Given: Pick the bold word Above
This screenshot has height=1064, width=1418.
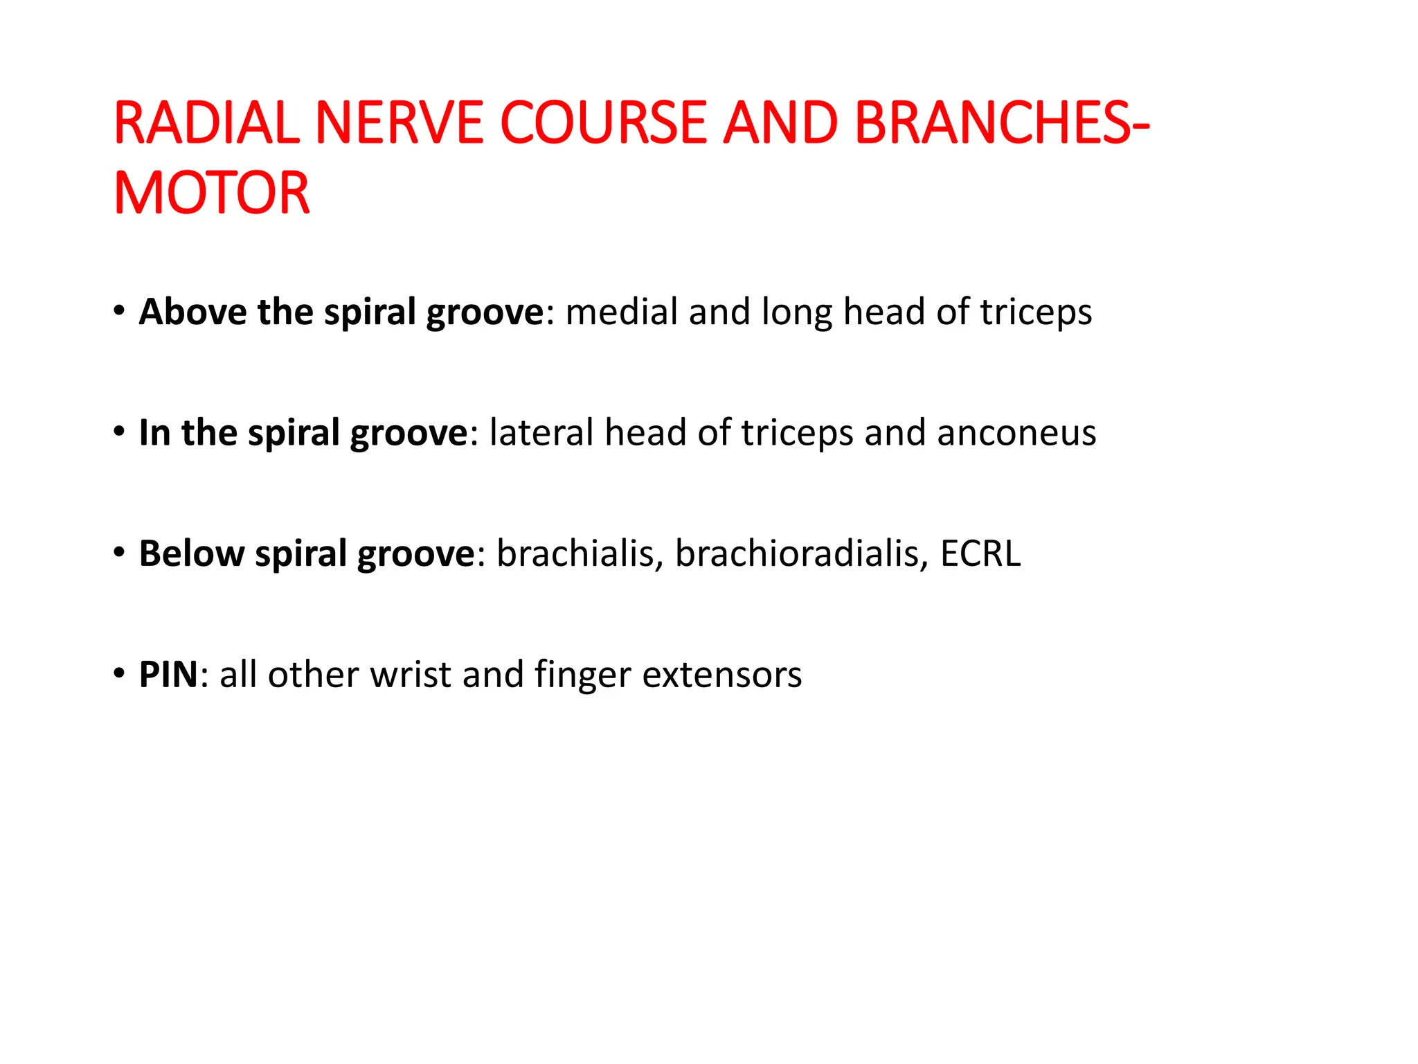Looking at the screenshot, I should click(192, 312).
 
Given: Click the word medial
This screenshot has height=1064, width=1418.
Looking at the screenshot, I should click(621, 312).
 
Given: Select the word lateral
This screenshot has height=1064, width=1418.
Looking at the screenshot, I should click(541, 432).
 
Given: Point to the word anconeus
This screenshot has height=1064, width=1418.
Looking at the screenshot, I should click(1016, 434).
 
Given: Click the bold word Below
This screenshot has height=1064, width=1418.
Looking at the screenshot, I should click(191, 553).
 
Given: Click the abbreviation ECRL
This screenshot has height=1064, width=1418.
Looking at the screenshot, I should click(980, 553).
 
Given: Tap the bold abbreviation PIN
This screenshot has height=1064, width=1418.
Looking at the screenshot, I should click(169, 674).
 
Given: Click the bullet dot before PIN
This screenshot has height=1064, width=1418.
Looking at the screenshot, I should click(120, 673).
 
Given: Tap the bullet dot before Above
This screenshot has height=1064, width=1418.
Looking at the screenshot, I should click(120, 310).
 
